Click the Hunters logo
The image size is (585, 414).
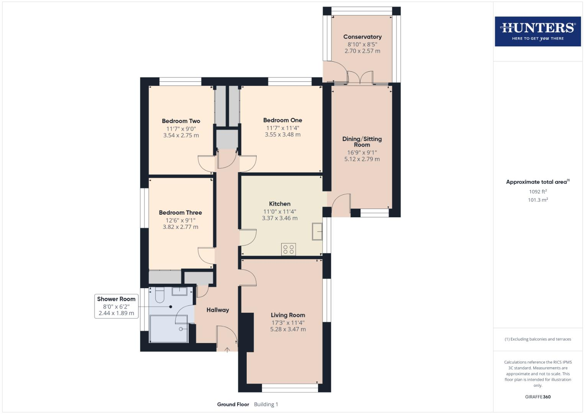point(537,31)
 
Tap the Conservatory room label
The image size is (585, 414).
point(362,37)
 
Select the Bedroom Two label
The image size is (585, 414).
point(181,121)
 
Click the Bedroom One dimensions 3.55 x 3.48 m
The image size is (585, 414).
point(282,135)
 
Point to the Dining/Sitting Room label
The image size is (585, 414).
point(362,142)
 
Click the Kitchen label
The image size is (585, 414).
point(279,204)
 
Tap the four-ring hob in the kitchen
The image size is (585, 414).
point(288,250)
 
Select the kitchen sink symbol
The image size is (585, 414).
point(316,232)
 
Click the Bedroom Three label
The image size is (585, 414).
point(180,213)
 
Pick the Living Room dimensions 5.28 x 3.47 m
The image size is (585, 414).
point(288,329)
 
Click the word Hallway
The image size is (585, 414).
point(218,310)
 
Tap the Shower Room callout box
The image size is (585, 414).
point(116,306)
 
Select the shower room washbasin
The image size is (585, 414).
point(179,291)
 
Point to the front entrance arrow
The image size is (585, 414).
point(227,350)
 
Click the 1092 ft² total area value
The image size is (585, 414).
point(537,192)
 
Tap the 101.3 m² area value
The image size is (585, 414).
point(537,200)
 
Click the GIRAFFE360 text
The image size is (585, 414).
point(537,397)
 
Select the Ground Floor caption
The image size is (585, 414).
point(233,404)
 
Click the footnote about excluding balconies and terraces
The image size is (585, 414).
point(537,339)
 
